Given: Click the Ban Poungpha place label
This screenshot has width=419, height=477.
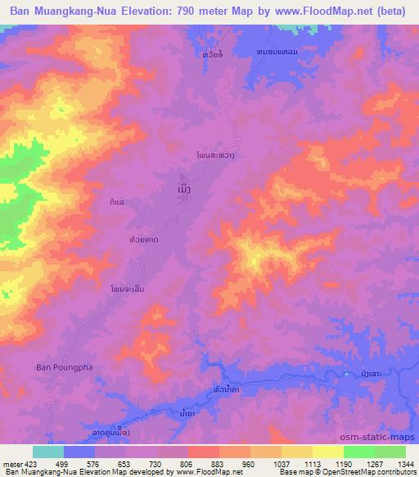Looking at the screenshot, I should [58, 367].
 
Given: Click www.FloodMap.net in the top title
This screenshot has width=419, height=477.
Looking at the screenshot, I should [319, 11].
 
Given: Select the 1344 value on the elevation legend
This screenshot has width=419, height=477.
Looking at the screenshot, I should [404, 464].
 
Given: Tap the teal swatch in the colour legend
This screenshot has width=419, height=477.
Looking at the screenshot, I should [48, 452].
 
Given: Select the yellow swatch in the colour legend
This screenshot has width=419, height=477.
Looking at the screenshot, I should [297, 452].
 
